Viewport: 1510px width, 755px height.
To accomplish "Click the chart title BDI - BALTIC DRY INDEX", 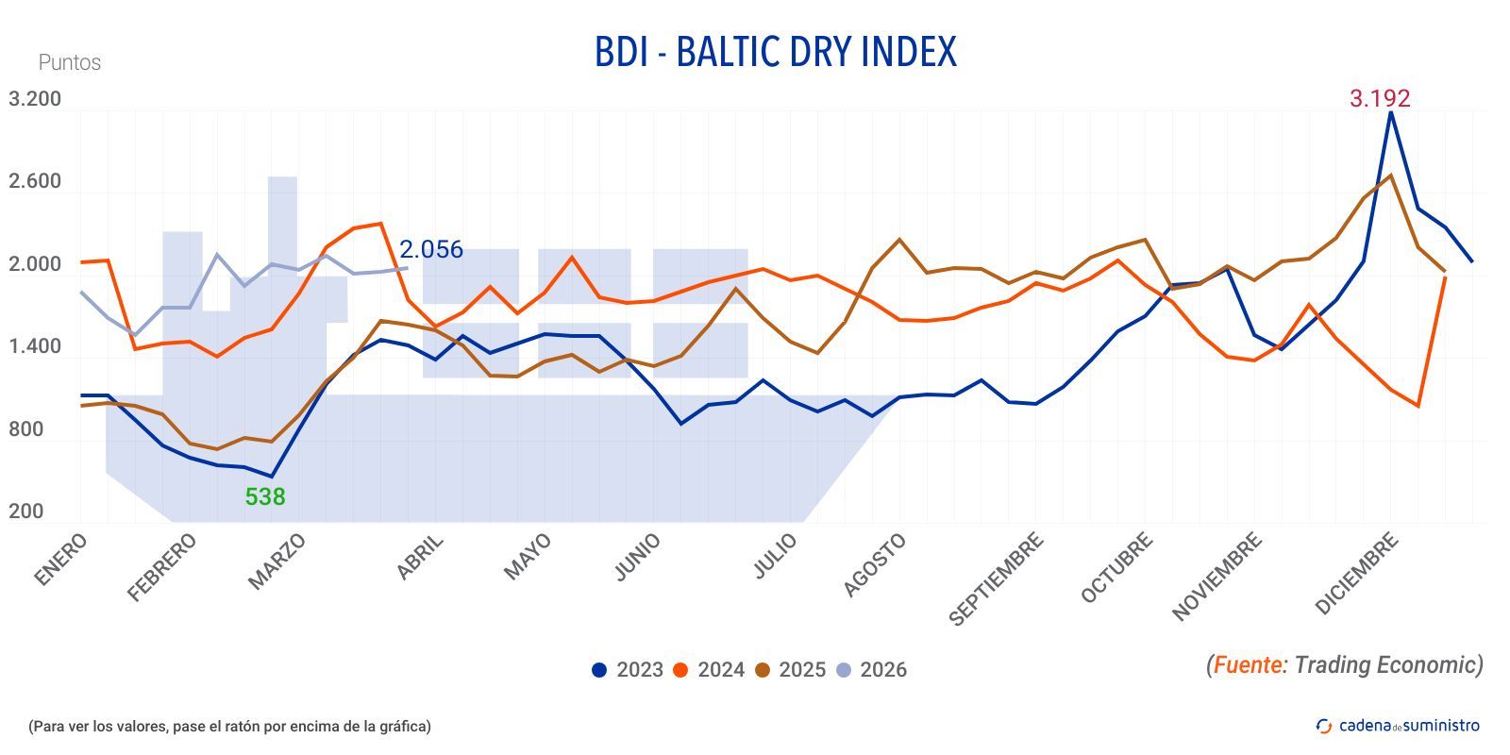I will (775, 53).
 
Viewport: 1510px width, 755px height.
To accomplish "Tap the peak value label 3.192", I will (1379, 98).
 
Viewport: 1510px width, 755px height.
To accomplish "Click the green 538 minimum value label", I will (264, 496).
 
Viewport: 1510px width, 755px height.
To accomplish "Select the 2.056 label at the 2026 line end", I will (430, 249).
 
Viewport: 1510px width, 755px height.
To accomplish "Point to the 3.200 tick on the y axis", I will (35, 99).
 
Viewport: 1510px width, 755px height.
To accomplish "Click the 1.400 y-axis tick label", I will (35, 346).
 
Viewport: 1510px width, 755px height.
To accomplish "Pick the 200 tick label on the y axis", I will (26, 512).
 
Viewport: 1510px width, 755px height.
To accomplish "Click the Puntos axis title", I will (69, 62).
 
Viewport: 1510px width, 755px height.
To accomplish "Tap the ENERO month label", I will (61, 560).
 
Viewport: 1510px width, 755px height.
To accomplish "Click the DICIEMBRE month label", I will (1356, 574).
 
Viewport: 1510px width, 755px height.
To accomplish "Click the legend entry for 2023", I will (628, 670).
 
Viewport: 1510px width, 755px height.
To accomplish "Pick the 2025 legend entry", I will (790, 670).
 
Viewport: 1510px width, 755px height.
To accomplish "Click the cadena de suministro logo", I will (1398, 725).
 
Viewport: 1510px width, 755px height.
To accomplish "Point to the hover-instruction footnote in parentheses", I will (229, 726).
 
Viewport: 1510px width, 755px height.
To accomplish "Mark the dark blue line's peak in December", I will (1390, 112).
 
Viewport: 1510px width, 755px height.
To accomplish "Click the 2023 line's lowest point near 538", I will (272, 477).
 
